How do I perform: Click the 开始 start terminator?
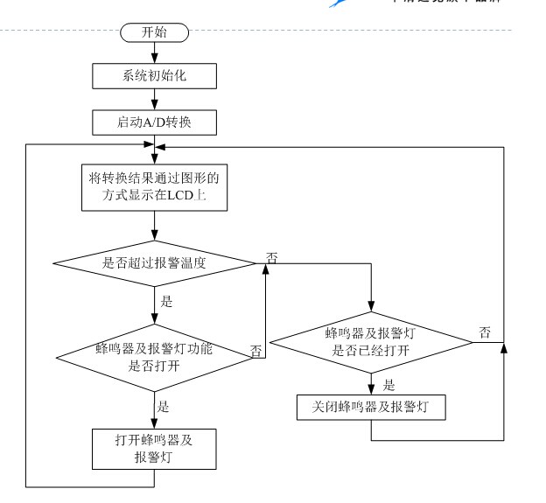coord(154,33)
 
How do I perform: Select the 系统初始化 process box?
coord(153,75)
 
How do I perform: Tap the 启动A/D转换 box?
coord(153,122)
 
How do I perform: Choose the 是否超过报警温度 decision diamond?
coord(155,262)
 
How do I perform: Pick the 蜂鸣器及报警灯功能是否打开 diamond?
coord(155,358)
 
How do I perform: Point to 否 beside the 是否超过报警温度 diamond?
coord(272,258)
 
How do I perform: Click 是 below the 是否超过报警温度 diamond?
coord(166,302)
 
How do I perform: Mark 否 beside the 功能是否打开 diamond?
coord(256,351)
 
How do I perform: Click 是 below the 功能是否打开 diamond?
coord(163,406)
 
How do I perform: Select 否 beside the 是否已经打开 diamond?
coord(485,332)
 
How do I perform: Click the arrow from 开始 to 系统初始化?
coord(154,52)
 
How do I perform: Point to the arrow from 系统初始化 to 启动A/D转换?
coord(154,99)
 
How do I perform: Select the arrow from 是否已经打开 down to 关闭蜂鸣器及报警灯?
coord(371,384)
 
